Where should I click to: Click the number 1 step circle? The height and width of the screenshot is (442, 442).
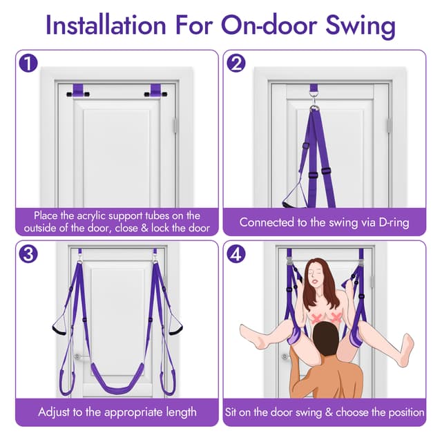28,64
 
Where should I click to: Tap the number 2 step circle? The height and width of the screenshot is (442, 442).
237,64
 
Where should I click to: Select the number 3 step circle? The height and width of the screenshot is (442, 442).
28,253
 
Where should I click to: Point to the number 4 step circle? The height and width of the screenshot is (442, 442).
237,253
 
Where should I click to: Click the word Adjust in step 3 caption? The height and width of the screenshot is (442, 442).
57,412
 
